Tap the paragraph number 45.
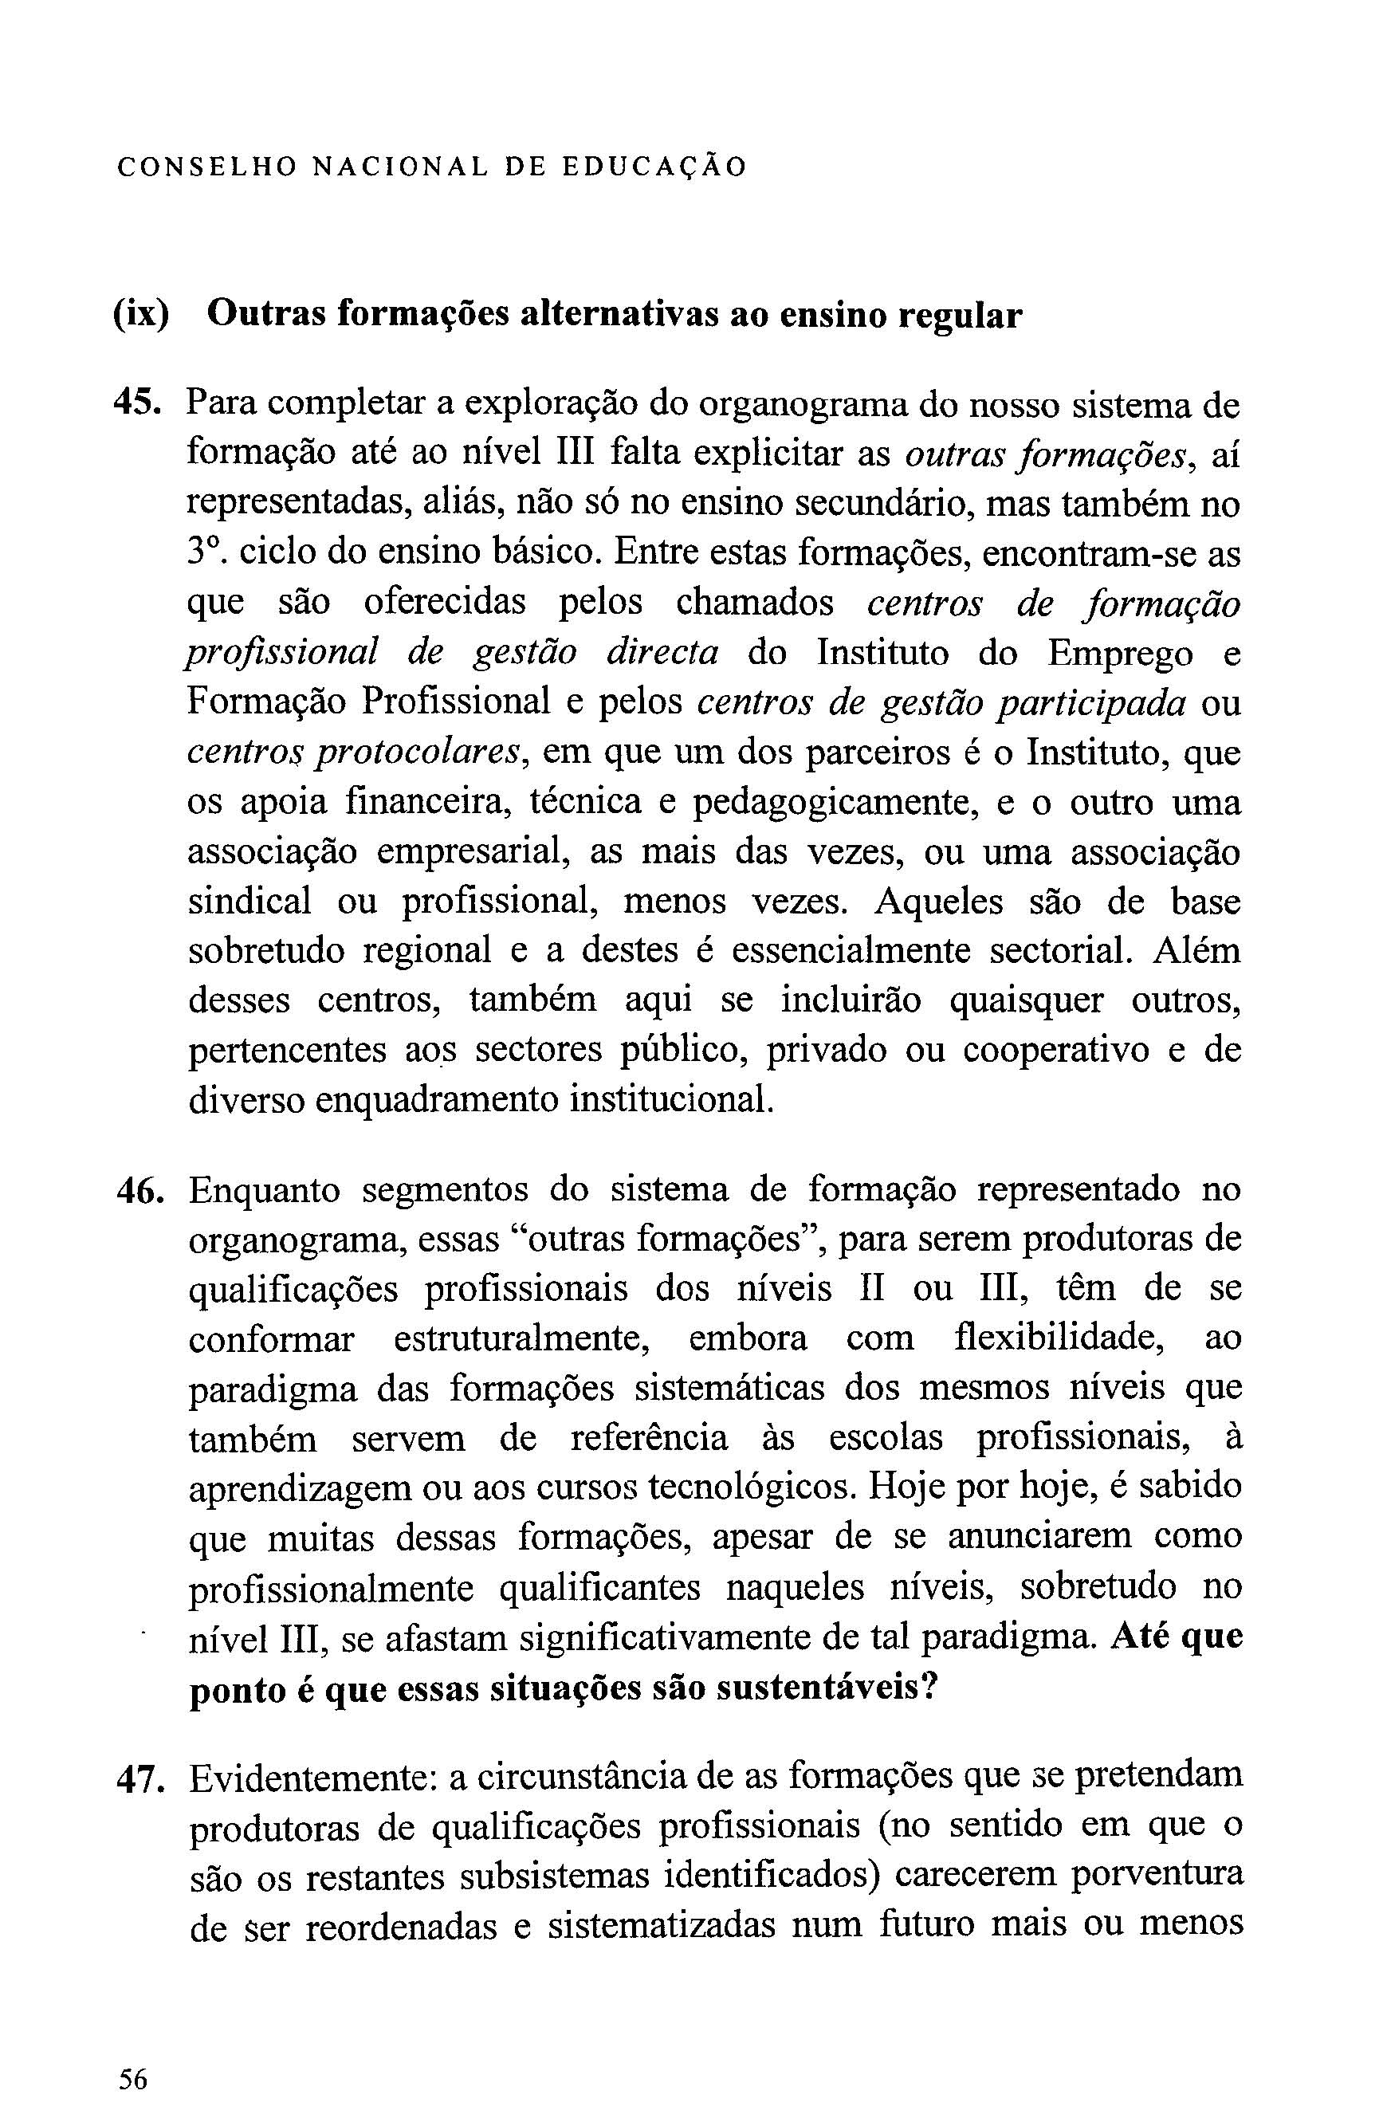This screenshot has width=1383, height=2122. coord(137,405)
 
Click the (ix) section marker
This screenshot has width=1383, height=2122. coord(141,316)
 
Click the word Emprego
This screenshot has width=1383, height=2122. coord(1119,654)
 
